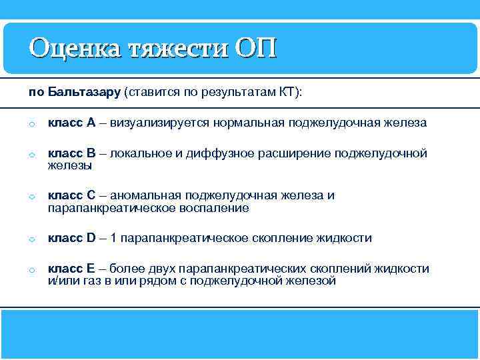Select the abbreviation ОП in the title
coord(255,48)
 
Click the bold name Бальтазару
coord(85,91)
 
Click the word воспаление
coord(216,208)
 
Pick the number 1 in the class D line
coord(113,238)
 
